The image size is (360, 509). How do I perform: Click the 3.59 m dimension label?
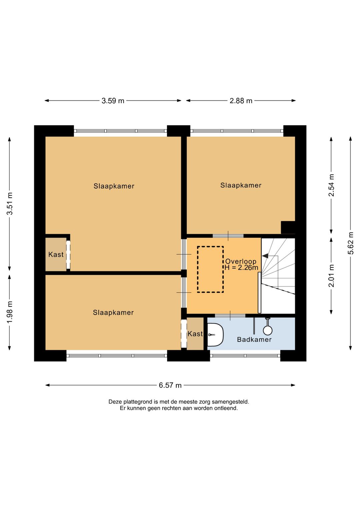click(113, 101)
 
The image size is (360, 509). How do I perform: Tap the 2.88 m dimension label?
click(241, 101)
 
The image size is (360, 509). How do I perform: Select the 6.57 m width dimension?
click(170, 385)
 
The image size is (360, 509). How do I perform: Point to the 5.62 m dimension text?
click(351, 243)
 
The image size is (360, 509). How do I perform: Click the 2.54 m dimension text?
click(332, 185)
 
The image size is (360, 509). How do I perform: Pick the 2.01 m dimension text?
click(332, 276)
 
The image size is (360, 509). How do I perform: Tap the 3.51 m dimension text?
click(10, 203)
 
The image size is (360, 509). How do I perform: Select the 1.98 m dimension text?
click(10, 312)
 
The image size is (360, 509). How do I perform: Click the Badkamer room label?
click(254, 340)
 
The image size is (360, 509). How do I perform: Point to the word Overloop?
click(241, 261)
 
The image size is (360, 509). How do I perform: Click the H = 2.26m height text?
click(241, 268)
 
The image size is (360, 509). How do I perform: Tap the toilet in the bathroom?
click(215, 335)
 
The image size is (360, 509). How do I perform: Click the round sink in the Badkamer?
click(268, 331)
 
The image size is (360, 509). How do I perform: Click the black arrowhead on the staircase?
click(265, 256)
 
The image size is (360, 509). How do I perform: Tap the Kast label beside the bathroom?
click(195, 334)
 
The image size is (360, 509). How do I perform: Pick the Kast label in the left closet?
click(56, 254)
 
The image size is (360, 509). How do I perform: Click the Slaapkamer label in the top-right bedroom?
click(241, 185)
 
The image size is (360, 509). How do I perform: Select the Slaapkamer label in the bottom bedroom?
click(113, 313)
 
